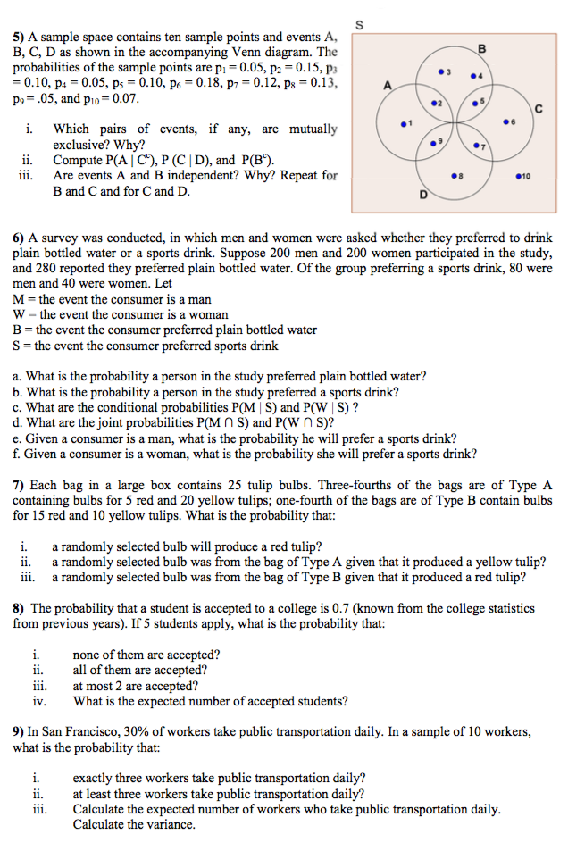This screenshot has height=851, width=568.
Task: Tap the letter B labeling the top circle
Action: pos(482,47)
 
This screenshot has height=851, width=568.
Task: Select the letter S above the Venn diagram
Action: pos(359,24)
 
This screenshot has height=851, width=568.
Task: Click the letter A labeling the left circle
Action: pos(386,85)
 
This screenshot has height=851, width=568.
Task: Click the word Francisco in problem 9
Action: pos(85,730)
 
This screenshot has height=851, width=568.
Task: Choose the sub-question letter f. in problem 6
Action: pos(17,453)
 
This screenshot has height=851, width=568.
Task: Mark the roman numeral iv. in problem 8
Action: pos(39,701)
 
